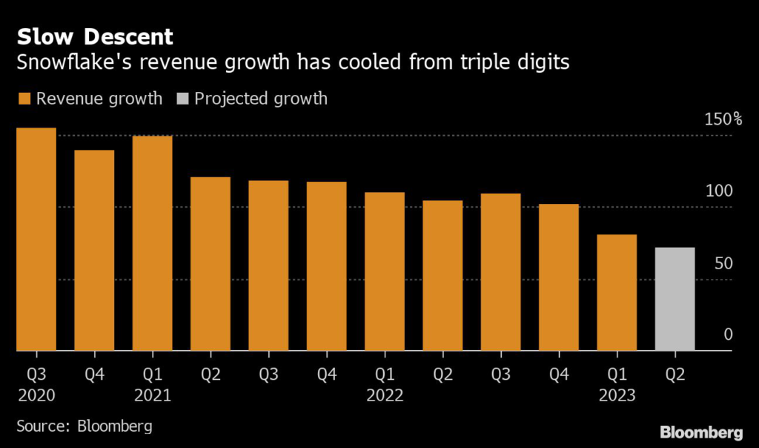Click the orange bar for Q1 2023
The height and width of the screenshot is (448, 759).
point(617,292)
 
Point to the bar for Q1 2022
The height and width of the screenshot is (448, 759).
point(384,271)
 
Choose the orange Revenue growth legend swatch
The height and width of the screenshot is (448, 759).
point(23,99)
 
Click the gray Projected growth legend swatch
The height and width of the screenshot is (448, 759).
point(182,99)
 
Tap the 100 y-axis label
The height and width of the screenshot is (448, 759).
point(718,191)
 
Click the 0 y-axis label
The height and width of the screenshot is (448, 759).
point(728,335)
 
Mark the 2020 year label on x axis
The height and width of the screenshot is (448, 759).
point(36,395)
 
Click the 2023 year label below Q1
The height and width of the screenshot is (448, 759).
point(617,395)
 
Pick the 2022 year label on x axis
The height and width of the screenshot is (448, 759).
point(385,395)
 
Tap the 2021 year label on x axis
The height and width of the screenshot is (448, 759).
point(152,395)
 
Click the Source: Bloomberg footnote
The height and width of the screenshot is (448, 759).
point(84,426)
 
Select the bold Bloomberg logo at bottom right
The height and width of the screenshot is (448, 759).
point(700,432)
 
